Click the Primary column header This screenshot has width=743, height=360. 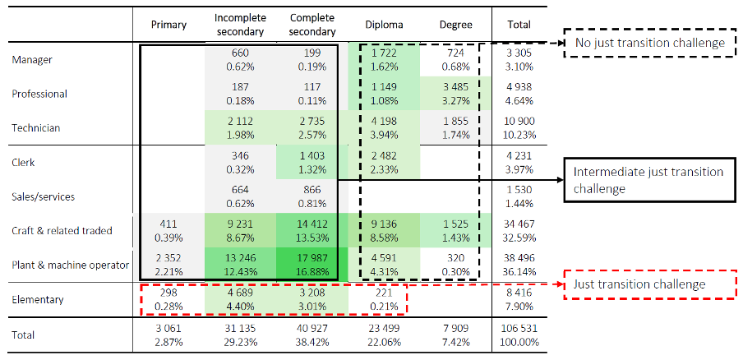click(168, 25)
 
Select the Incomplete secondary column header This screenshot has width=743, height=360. click(239, 25)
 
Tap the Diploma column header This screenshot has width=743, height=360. click(384, 25)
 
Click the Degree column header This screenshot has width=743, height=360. click(455, 25)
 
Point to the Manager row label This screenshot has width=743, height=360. click(32, 60)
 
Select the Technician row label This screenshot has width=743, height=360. click(37, 128)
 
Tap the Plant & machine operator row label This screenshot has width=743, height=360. click(71, 265)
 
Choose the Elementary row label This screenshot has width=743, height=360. click(38, 299)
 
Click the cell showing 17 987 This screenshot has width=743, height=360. click(313, 265)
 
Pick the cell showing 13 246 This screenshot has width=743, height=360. click(240, 265)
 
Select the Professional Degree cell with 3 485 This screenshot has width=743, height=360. click(455, 94)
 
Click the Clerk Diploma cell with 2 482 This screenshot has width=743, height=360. click(384, 162)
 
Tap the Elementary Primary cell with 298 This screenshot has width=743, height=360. click(168, 299)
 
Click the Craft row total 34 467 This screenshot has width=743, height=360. click(519, 230)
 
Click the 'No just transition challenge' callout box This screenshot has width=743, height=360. click(648, 42)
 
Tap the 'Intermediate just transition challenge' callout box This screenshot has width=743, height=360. click(648, 180)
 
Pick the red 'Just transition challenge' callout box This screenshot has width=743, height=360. click(648, 284)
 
